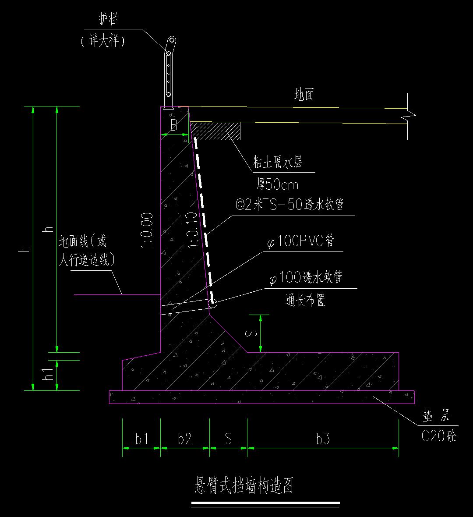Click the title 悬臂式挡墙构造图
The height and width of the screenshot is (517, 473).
click(x=244, y=486)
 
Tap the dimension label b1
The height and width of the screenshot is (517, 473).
click(x=141, y=439)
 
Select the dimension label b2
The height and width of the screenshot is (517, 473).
click(x=184, y=439)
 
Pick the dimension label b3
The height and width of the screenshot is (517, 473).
click(x=323, y=439)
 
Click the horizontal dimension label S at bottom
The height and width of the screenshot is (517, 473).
click(x=228, y=439)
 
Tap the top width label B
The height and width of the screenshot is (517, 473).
click(x=174, y=126)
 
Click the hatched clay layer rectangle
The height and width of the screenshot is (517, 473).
click(x=215, y=131)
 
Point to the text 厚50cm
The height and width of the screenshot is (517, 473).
click(x=277, y=185)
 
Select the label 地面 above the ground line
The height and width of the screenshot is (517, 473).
click(x=304, y=95)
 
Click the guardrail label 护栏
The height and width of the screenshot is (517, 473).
click(x=109, y=20)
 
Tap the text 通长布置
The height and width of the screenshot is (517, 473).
click(x=305, y=301)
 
